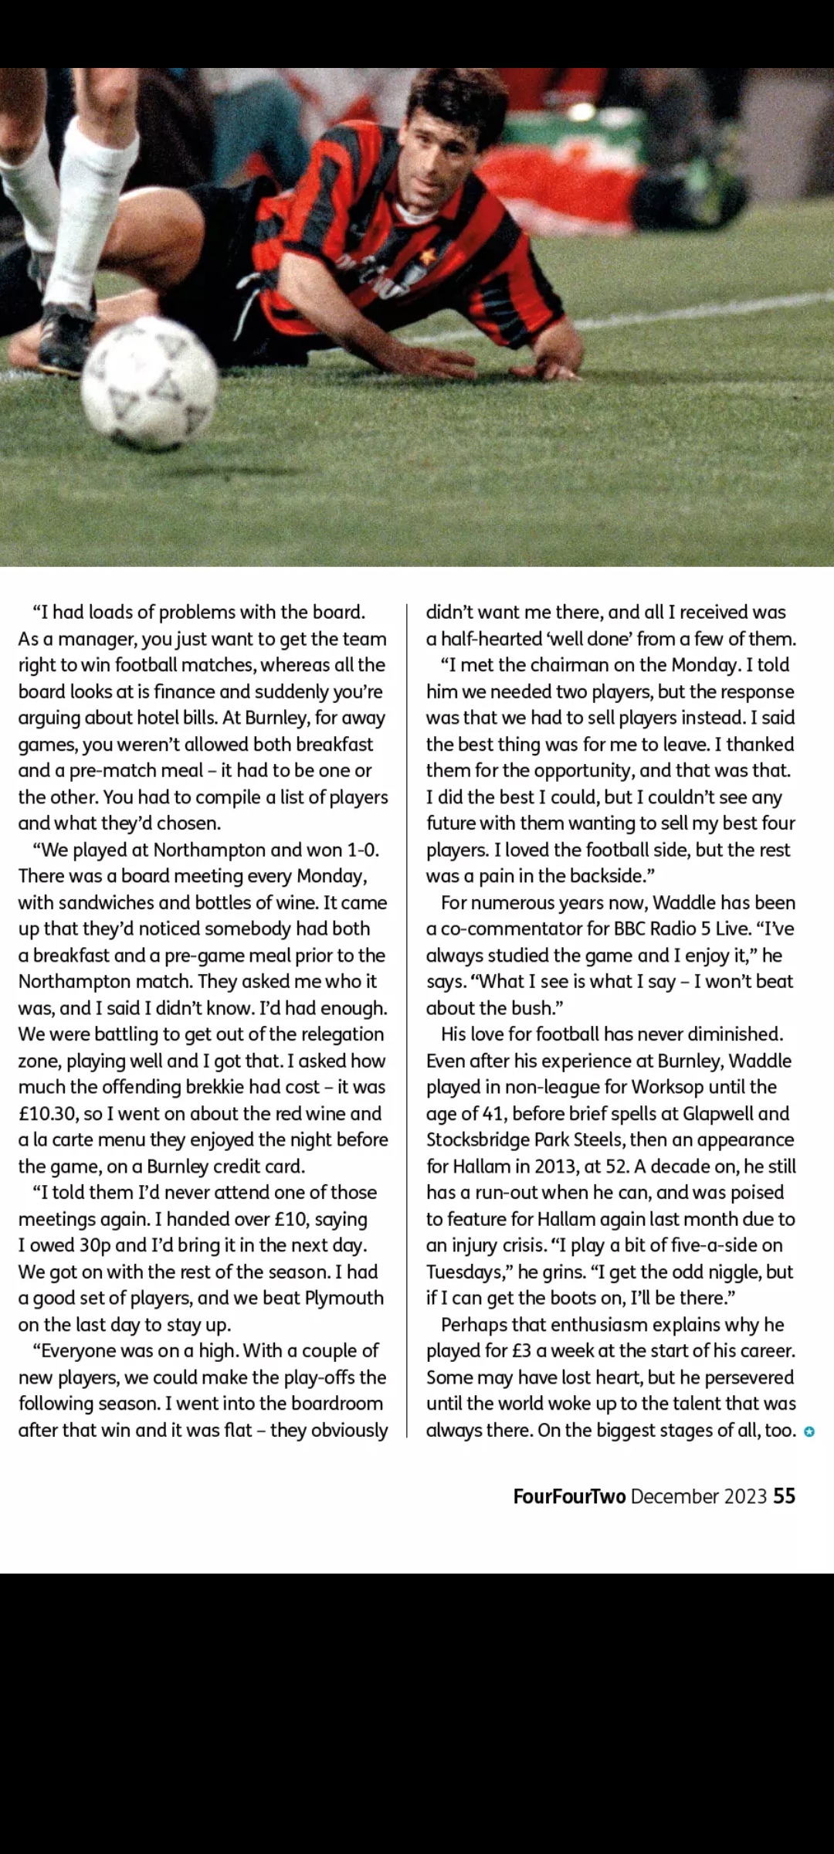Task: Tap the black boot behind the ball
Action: click(66, 336)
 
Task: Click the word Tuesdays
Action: click(466, 1272)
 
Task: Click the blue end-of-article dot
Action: click(809, 1431)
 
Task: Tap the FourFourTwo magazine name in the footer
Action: click(569, 1496)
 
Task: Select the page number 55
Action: click(784, 1496)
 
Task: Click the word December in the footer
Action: click(675, 1496)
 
